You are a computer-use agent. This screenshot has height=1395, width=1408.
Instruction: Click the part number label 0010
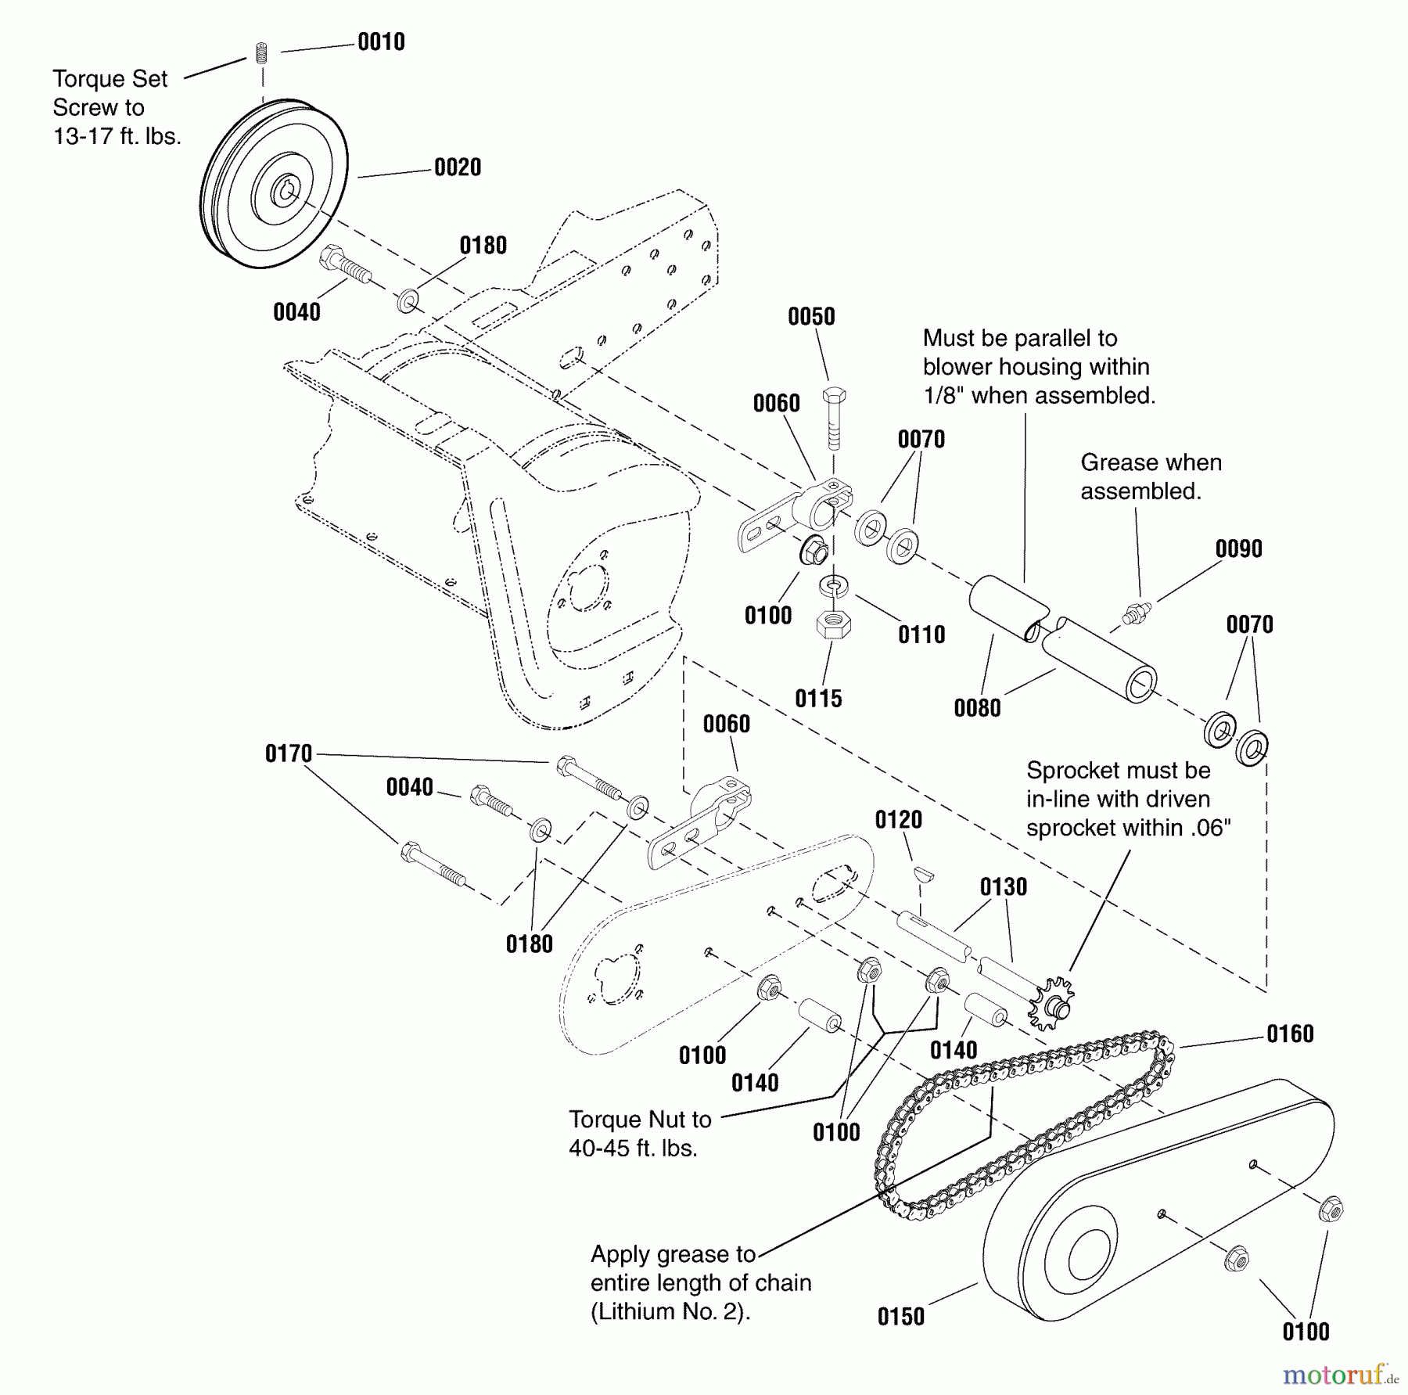(x=381, y=42)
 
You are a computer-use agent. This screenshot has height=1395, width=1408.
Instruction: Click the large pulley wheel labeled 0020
(x=274, y=184)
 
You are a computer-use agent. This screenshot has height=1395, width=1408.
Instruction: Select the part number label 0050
(x=811, y=317)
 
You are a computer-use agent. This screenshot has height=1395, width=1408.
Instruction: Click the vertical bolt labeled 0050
(x=834, y=419)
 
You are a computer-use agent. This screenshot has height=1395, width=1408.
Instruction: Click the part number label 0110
(x=921, y=635)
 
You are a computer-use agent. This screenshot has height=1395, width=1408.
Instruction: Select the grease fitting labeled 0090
(x=1133, y=613)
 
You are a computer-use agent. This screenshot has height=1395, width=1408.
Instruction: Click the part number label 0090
(x=1238, y=549)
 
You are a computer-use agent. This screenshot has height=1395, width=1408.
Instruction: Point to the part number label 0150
(x=900, y=1317)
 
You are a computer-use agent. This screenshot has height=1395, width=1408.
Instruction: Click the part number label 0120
(x=898, y=820)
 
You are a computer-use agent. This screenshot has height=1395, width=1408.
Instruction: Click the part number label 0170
(x=289, y=754)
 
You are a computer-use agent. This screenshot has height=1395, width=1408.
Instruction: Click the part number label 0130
(x=1003, y=887)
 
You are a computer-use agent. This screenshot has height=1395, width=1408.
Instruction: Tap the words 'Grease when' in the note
(x=1151, y=462)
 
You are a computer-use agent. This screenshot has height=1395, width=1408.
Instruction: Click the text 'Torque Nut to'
(x=640, y=1120)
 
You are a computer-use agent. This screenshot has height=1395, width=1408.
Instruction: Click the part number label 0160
(x=1290, y=1034)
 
